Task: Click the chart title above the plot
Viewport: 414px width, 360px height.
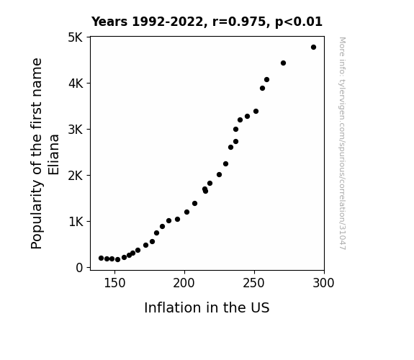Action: click(x=207, y=22)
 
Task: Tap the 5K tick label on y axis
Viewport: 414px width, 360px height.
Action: click(x=76, y=37)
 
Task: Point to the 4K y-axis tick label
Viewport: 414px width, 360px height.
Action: click(x=76, y=84)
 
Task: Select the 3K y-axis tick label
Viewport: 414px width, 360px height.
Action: click(x=76, y=130)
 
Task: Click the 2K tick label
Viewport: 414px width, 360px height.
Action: click(x=76, y=176)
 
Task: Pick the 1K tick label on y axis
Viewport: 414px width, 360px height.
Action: click(x=76, y=222)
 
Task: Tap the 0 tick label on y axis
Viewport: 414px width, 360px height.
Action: click(x=79, y=268)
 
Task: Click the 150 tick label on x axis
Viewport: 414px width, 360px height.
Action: click(x=114, y=283)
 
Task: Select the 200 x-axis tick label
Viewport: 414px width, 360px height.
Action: click(x=184, y=283)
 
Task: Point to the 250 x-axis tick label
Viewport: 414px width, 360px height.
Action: click(x=254, y=283)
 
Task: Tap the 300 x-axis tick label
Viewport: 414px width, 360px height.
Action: click(x=324, y=283)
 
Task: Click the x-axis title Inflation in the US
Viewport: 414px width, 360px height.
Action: click(x=207, y=307)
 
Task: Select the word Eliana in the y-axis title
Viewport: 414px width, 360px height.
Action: click(x=53, y=155)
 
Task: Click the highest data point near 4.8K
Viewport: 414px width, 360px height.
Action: click(x=313, y=48)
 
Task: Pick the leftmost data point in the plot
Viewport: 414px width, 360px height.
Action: click(x=101, y=258)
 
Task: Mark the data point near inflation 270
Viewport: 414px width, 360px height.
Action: click(x=283, y=63)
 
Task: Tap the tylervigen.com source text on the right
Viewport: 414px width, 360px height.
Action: click(x=342, y=143)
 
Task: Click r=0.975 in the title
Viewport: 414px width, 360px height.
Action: click(x=239, y=22)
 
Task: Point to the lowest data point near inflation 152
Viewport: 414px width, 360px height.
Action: click(x=118, y=260)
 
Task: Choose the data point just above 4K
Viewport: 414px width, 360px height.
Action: click(x=266, y=79)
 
